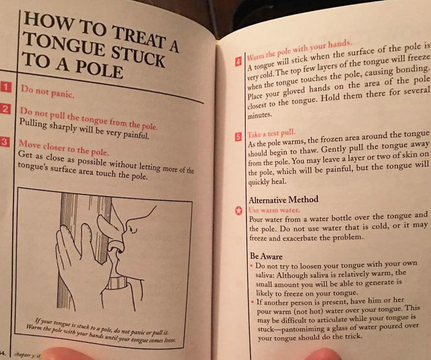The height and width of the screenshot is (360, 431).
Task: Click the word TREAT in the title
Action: pos(139,38)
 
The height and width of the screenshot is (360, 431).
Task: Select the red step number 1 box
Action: pos(5,87)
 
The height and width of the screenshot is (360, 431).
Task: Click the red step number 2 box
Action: pos(5,109)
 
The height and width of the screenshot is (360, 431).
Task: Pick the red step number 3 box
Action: pos(5,142)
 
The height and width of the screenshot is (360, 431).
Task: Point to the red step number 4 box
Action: pos(238,61)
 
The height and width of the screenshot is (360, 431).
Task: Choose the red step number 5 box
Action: pos(238,136)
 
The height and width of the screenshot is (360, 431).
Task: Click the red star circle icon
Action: pos(238,211)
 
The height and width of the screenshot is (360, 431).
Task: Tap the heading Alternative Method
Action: pos(284,200)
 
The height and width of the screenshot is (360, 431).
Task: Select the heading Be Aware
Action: pos(266,256)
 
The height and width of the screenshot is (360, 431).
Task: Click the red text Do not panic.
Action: pos(48,92)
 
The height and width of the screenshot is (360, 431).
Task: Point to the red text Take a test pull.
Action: pos(271,133)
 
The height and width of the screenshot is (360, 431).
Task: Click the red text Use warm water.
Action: pos(274,210)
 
